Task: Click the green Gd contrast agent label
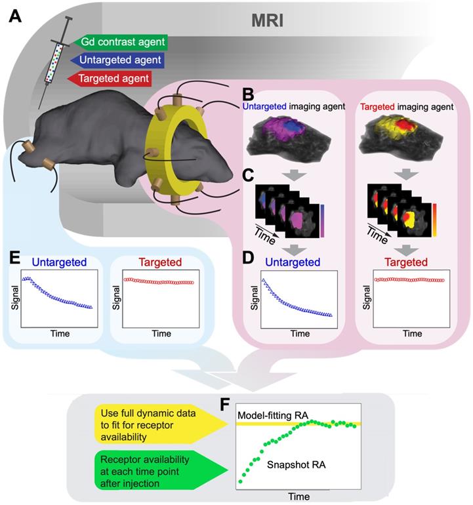[x=121, y=43]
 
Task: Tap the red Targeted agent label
[x=112, y=79]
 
